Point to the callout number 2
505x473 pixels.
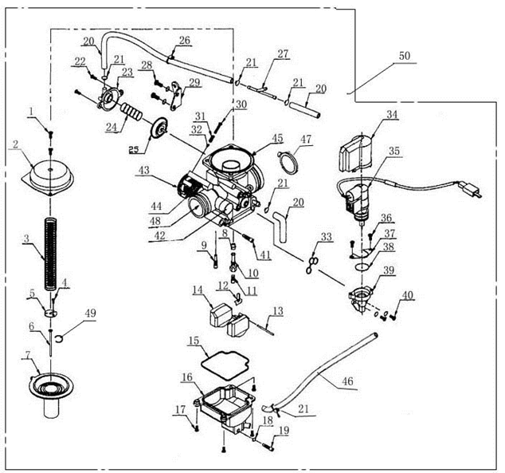tap(15, 144)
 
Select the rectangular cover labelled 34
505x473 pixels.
tap(356, 148)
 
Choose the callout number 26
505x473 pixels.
tap(184, 40)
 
